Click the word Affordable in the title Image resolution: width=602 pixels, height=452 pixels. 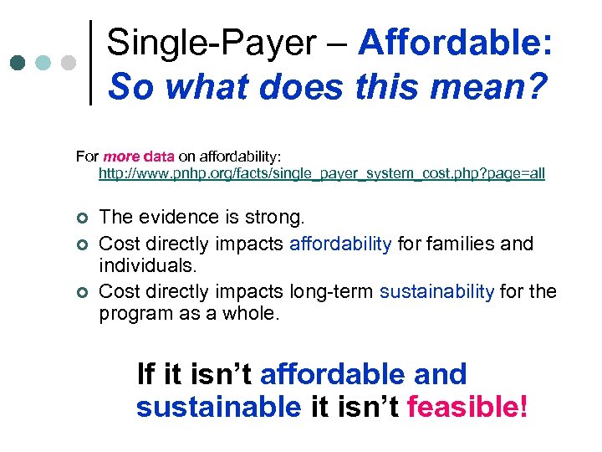pos(455,43)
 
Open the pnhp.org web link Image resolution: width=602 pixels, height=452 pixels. pos(321,174)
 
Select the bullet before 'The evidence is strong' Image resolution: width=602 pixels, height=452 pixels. pos(81,218)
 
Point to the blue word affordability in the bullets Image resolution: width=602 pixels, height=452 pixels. pos(340,244)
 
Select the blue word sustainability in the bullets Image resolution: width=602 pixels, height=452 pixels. pos(437,291)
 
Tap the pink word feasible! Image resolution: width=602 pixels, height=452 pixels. pos(467,407)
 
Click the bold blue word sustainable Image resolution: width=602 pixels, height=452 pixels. pos(218,407)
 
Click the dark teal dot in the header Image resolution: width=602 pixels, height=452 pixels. pos(18,63)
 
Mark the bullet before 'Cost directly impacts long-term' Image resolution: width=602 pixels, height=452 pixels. pos(81,292)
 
